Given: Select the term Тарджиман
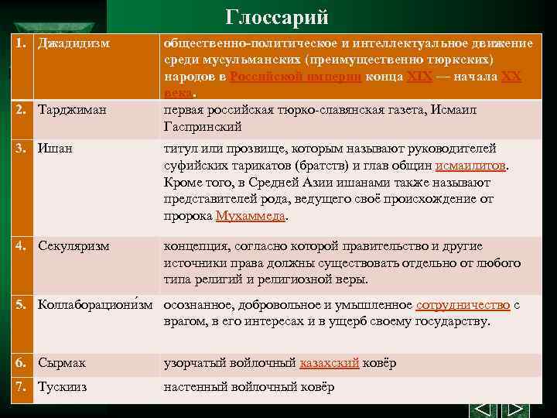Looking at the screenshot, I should [74, 111].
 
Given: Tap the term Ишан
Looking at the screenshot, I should [55, 149].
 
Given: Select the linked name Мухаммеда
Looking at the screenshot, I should [250, 216].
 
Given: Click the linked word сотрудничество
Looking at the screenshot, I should [463, 305].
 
